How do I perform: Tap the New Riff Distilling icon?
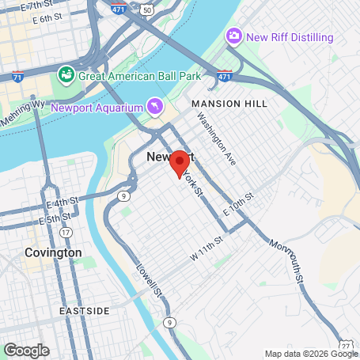233,36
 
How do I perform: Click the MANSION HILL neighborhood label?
229,104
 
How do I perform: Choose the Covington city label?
53,252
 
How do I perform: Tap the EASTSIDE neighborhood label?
85,311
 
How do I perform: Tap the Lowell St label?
150,280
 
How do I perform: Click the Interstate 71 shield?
17,78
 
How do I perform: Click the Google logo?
26,350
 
